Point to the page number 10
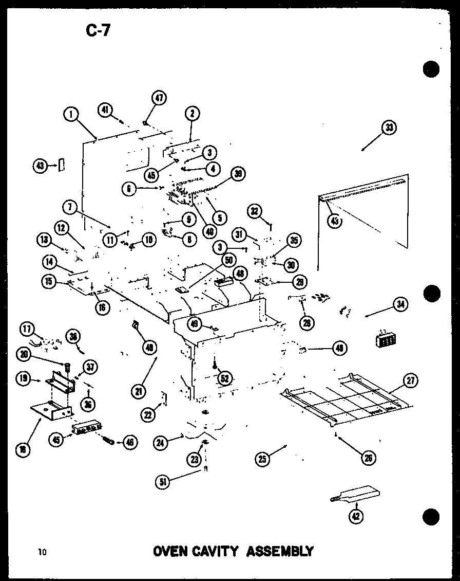pyautogui.click(x=42, y=552)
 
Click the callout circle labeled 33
pyautogui.click(x=390, y=128)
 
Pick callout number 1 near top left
pyautogui.click(x=71, y=114)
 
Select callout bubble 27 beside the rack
pyautogui.click(x=411, y=381)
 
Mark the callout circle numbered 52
pyautogui.click(x=224, y=379)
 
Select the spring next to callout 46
pyautogui.click(x=107, y=440)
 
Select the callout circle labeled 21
pyautogui.click(x=138, y=391)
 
